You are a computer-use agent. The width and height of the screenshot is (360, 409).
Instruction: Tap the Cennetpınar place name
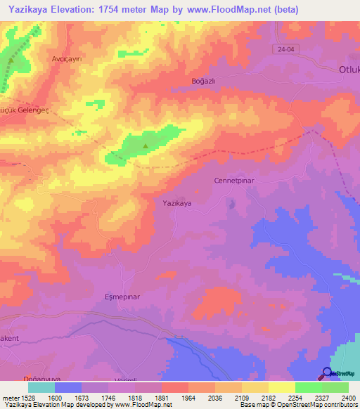[x=232, y=181]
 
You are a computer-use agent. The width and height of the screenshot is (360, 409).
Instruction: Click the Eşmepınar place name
[x=122, y=297]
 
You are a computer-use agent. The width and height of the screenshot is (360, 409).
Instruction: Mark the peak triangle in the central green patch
[x=146, y=146]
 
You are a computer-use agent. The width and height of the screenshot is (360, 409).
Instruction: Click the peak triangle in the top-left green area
[x=11, y=60]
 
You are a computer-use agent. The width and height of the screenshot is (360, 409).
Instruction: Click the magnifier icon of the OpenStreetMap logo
[x=326, y=373]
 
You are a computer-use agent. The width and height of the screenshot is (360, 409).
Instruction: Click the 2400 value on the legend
[x=348, y=397]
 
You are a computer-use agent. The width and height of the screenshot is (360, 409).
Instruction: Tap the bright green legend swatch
[x=308, y=387]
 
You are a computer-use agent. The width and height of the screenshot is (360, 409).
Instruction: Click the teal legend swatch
[x=41, y=387]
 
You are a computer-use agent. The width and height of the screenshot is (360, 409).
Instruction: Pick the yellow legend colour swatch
[x=281, y=387]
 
